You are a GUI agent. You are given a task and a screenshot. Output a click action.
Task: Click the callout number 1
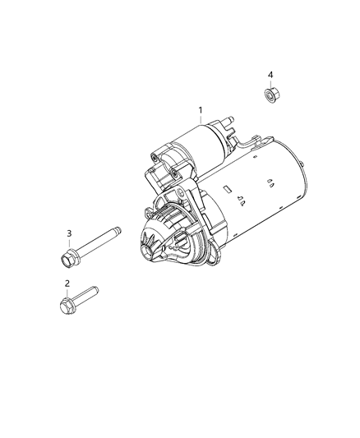[201, 111]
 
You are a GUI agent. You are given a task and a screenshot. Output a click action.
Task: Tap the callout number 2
[67, 284]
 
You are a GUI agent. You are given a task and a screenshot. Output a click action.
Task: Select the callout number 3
[69, 233]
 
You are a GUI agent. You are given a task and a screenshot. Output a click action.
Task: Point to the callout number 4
[270, 75]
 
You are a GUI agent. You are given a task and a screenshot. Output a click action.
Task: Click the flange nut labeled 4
[270, 95]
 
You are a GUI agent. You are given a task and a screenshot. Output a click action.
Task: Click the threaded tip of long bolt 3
[118, 230]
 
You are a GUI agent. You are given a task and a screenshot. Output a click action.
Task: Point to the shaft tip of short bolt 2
[95, 290]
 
